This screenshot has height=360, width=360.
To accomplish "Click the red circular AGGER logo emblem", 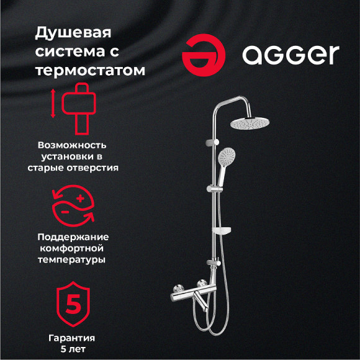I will click(x=202, y=54).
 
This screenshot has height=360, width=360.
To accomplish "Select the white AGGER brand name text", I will click(x=290, y=55).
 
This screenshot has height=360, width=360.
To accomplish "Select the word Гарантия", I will click(x=72, y=338).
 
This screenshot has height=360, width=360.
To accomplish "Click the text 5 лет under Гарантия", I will click(x=73, y=349).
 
